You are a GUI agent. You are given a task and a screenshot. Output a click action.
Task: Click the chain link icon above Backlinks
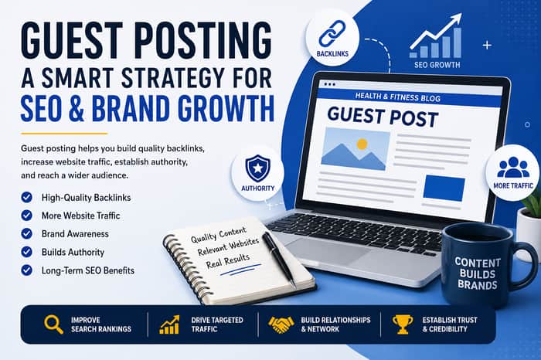[332, 33]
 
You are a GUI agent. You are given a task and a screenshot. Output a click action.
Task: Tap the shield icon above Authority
[257, 168]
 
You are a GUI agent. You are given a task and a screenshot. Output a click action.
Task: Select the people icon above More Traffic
[513, 168]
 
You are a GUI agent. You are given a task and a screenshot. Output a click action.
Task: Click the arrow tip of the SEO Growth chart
[461, 14]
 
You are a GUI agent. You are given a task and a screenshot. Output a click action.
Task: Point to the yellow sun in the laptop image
[362, 144]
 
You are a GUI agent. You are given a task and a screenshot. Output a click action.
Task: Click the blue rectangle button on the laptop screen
[444, 188]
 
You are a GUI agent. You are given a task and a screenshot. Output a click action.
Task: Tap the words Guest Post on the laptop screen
[383, 117]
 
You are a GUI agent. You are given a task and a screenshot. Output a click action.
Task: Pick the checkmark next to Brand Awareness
[26, 233]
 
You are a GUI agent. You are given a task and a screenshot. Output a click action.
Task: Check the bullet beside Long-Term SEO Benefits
[26, 270]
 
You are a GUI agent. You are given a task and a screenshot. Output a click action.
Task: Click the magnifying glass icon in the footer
[53, 324]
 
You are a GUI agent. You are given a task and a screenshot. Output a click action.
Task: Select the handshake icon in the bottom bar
[281, 324]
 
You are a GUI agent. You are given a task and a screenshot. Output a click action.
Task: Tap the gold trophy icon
[403, 324]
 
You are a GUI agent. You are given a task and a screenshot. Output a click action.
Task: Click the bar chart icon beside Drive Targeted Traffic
[169, 324]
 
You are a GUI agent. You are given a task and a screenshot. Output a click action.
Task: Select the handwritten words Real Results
[228, 261]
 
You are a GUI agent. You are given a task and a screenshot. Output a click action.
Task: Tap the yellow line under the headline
[64, 134]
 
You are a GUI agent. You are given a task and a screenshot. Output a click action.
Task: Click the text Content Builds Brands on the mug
[477, 273]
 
